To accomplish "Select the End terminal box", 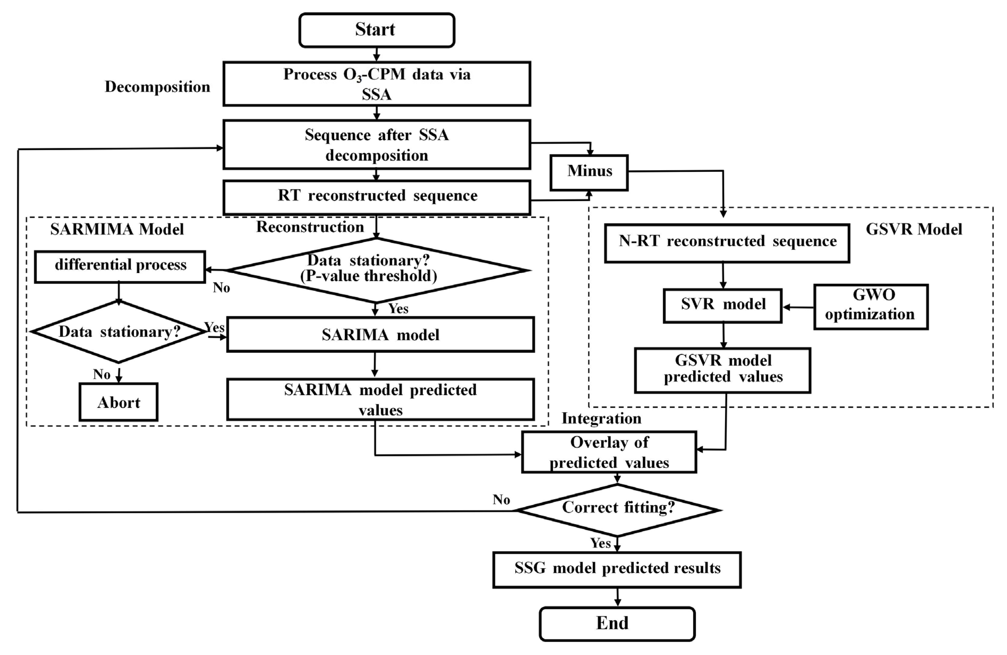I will [x=617, y=624].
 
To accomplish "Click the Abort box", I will [x=119, y=402].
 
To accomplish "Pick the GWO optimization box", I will [x=871, y=307].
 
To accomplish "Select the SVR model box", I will [x=723, y=305].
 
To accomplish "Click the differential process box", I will [x=120, y=266].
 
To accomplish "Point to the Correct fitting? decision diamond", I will [x=618, y=509].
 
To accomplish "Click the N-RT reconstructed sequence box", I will [x=727, y=243].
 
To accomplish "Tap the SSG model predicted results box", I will [x=617, y=569].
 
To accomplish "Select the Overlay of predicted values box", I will [x=609, y=452].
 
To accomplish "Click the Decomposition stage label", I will [x=157, y=87].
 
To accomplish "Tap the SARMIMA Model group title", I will [x=117, y=229].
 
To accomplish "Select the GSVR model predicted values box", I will [x=723, y=370].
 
